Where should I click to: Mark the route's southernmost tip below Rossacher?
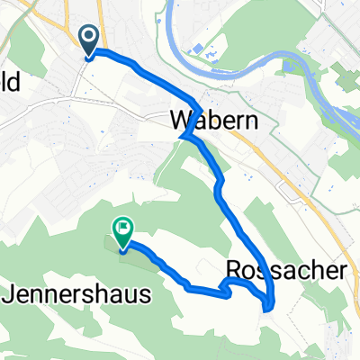click(267, 309)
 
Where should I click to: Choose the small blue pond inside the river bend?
click(198, 49)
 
